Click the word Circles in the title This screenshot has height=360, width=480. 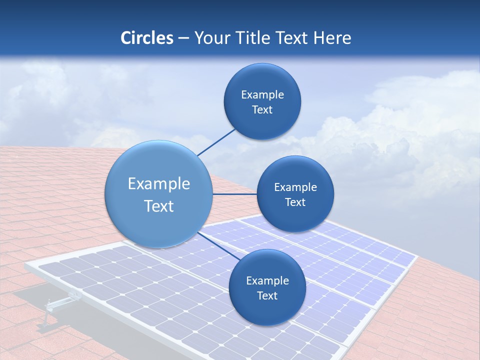click(x=146, y=38)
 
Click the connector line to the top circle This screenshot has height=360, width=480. click(x=216, y=142)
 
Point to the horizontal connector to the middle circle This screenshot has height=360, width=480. click(x=234, y=194)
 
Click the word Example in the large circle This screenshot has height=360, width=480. click(x=159, y=184)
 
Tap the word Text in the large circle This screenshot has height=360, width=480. click(x=159, y=206)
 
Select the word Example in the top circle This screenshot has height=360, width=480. click(x=262, y=95)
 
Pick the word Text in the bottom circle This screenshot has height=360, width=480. click(x=267, y=296)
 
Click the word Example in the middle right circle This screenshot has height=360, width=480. click(x=295, y=187)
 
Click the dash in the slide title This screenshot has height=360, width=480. click(x=183, y=38)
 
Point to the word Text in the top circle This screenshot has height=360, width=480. click(x=262, y=110)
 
